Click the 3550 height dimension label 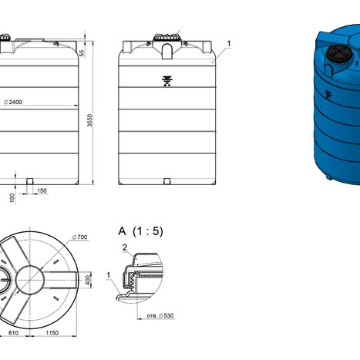point(89,120)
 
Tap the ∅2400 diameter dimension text point(13,102)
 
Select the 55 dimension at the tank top point(82,53)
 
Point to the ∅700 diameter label point(79,237)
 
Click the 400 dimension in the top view point(88,280)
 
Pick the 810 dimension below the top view point(13,333)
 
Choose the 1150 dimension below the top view point(52,333)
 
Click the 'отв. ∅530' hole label point(160,315)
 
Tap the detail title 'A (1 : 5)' point(140,231)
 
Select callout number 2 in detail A point(125,247)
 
